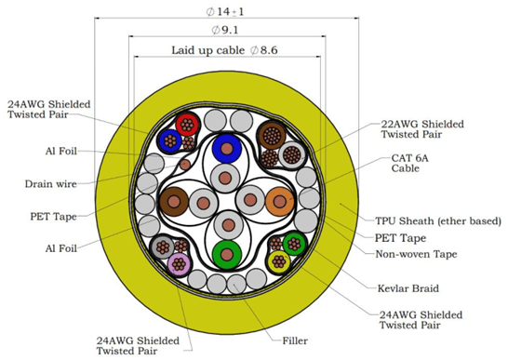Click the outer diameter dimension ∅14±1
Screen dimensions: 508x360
pos(225,12)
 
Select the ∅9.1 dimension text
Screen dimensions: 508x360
pos(225,30)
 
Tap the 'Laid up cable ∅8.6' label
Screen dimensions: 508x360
pos(224,50)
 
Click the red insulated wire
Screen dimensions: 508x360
pos(187,125)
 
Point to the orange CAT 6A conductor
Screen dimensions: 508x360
pos(279,202)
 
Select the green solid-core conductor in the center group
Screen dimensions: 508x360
pos(227,254)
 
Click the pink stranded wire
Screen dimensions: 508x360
pos(179,264)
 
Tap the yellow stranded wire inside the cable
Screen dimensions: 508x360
pos(279,261)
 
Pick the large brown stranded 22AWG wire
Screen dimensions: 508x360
pos(272,136)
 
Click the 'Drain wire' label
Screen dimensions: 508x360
pos(51,184)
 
